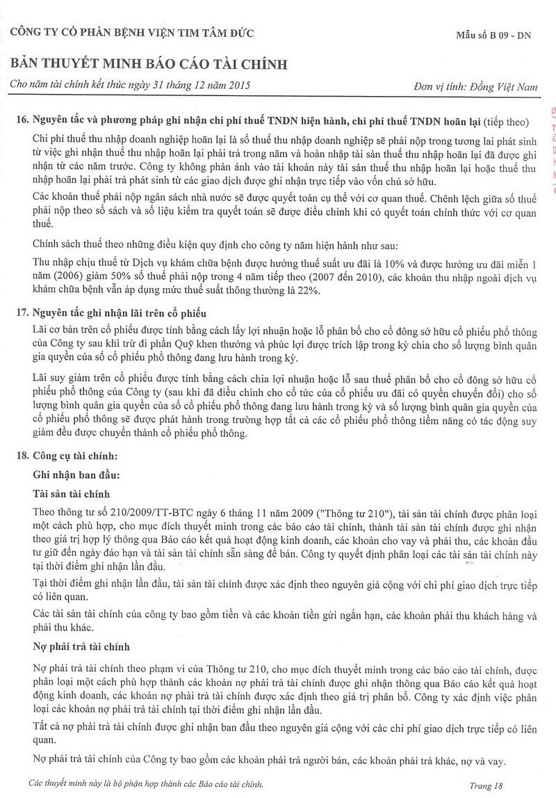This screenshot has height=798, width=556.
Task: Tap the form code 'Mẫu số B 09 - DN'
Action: coord(492,35)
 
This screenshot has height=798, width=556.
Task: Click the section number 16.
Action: coord(21,121)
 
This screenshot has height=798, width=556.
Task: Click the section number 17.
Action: coord(21,312)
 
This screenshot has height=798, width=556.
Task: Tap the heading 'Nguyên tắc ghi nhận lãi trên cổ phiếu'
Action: coord(119,312)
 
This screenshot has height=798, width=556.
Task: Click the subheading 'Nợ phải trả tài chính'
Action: coord(81,646)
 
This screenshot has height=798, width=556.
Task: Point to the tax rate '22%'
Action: coord(309,291)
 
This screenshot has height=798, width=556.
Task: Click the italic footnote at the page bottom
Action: coord(147,784)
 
